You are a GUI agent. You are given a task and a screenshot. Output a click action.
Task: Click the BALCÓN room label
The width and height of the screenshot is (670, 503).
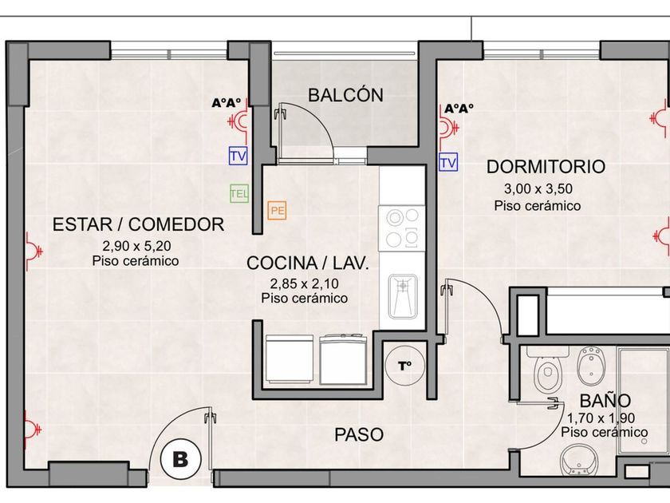(x=345, y=95)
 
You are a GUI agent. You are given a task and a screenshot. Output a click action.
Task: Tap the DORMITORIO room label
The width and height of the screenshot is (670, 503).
(x=546, y=166)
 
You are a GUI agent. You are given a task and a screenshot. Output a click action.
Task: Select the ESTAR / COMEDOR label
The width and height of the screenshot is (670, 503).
(x=139, y=224)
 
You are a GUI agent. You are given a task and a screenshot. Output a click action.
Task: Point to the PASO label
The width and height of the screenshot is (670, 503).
(x=359, y=434)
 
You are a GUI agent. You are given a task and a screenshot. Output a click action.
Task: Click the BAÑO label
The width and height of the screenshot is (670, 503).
(x=605, y=401)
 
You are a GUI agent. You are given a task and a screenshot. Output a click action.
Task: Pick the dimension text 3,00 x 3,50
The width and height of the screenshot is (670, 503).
(x=538, y=188)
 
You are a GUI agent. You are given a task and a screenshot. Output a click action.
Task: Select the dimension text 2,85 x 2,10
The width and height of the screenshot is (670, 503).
(x=304, y=283)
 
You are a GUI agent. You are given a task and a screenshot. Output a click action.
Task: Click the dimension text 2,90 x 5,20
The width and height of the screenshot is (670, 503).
(x=136, y=246)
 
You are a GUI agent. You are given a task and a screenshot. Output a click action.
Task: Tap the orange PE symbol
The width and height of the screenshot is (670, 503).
(x=277, y=211)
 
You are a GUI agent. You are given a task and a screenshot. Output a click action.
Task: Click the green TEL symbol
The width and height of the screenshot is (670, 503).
(x=238, y=193)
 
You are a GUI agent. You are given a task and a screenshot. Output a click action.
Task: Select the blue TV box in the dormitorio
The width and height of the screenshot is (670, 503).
(x=448, y=162)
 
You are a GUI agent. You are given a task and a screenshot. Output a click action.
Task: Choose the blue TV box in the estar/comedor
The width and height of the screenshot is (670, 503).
(x=238, y=155)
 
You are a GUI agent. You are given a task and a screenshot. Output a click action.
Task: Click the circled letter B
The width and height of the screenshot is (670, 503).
(x=180, y=459)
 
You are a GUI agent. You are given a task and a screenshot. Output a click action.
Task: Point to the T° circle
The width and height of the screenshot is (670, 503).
(x=405, y=366)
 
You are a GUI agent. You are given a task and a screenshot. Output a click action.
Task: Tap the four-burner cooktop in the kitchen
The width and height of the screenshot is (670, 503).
(x=402, y=228)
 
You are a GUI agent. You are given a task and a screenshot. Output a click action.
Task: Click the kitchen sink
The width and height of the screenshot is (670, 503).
(x=403, y=296)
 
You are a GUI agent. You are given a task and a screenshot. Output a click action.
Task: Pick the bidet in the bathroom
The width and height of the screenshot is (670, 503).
(x=592, y=366)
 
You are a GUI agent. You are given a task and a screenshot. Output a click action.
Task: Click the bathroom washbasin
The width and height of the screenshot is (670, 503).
(x=578, y=461)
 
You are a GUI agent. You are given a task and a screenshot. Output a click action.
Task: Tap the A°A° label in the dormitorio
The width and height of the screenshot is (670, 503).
(x=459, y=109)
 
